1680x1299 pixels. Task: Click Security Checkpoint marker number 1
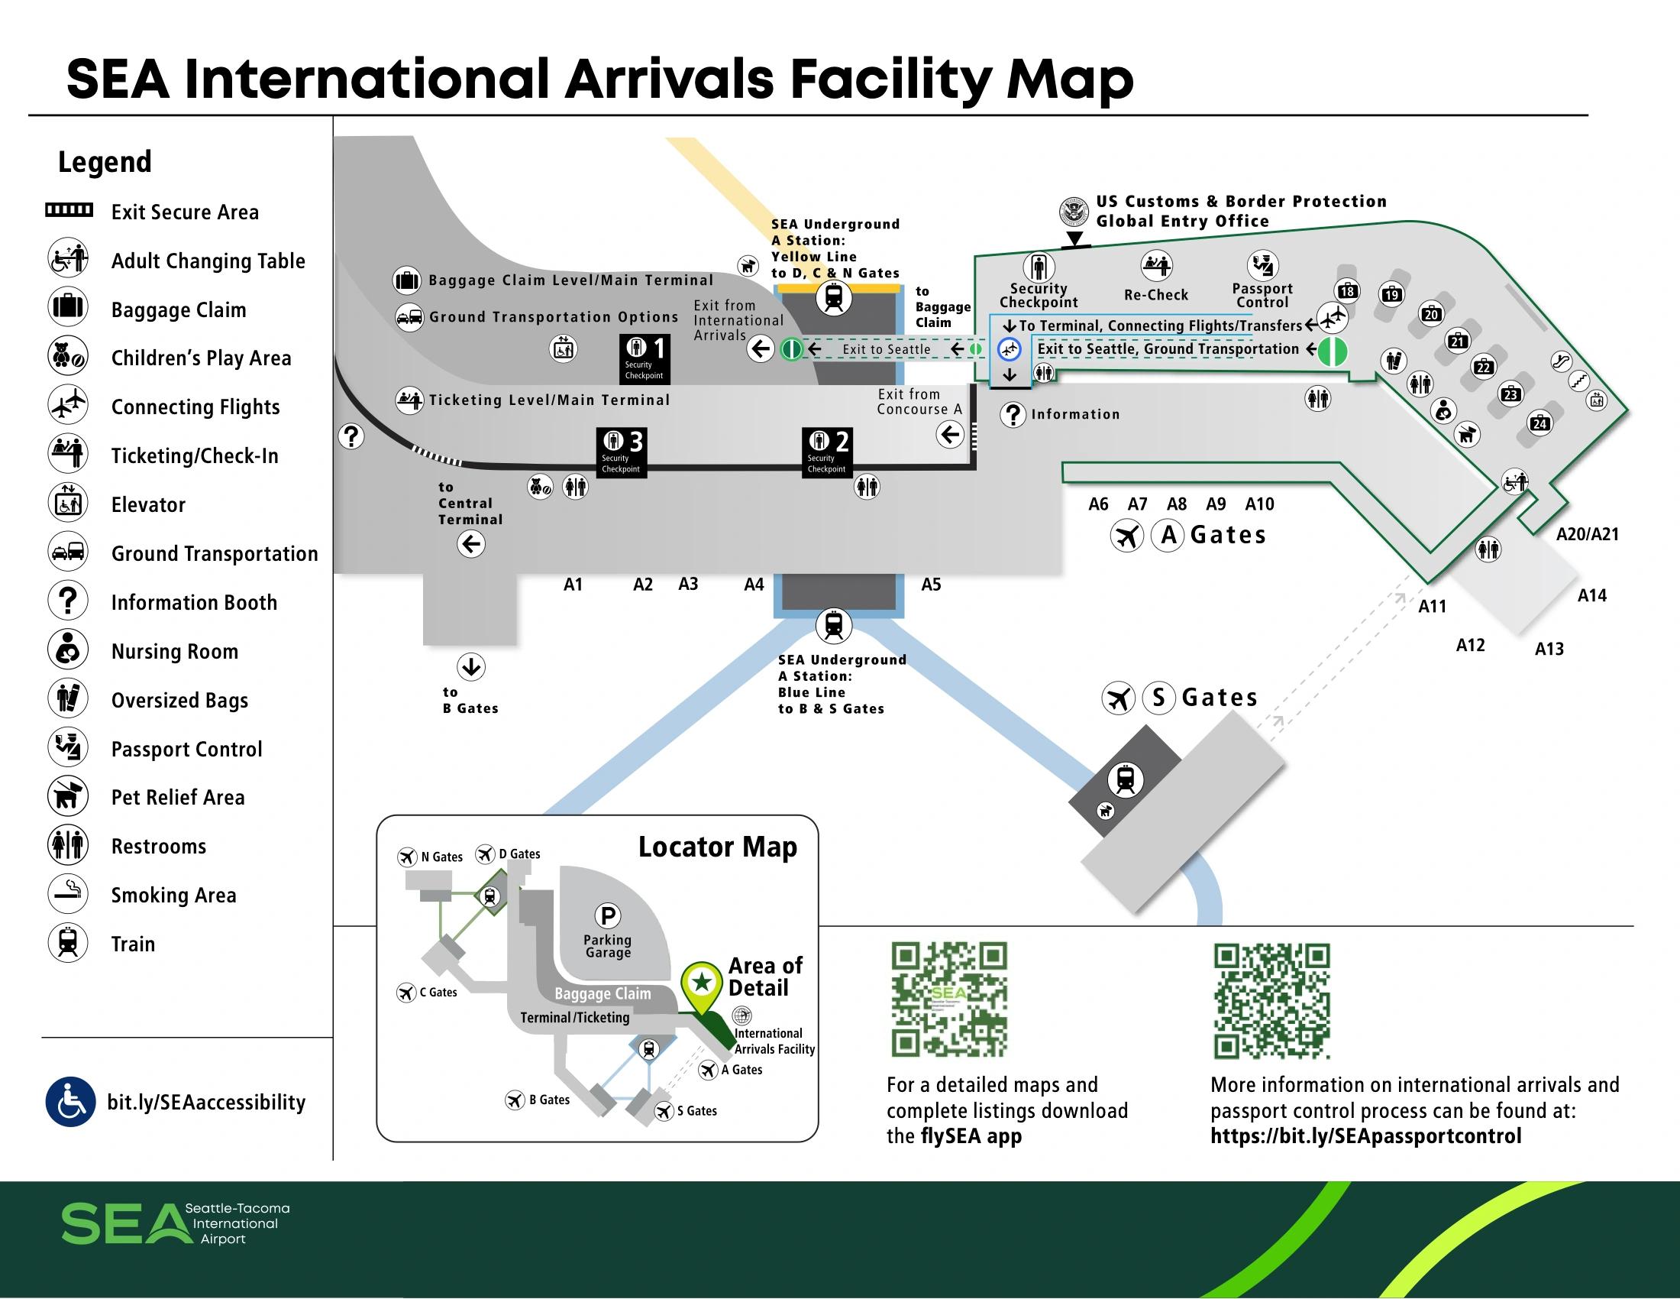[x=645, y=358]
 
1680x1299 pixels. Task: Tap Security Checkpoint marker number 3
[x=622, y=452]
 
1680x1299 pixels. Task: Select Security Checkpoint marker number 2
[x=827, y=452]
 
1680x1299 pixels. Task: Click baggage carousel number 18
[x=1347, y=291]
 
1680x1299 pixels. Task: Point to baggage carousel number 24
[x=1539, y=423]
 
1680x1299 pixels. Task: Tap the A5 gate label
[x=931, y=585]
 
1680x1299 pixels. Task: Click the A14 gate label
[x=1591, y=596]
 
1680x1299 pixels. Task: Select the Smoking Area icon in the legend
[x=69, y=894]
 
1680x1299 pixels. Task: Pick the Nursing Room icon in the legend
[x=69, y=650]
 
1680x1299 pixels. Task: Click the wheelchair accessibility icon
[x=71, y=1101]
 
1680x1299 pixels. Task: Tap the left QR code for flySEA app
[x=949, y=999]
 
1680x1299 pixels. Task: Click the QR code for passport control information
[x=1271, y=1000]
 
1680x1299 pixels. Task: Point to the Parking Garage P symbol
[x=608, y=915]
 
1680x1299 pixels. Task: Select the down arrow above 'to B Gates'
[x=470, y=666]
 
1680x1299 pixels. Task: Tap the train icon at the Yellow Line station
[x=833, y=297]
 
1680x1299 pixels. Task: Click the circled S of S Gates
[x=1158, y=697]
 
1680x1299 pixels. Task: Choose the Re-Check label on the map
[x=1155, y=295]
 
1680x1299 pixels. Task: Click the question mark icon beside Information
[x=1013, y=415]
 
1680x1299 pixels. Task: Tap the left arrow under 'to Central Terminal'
[x=470, y=544]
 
